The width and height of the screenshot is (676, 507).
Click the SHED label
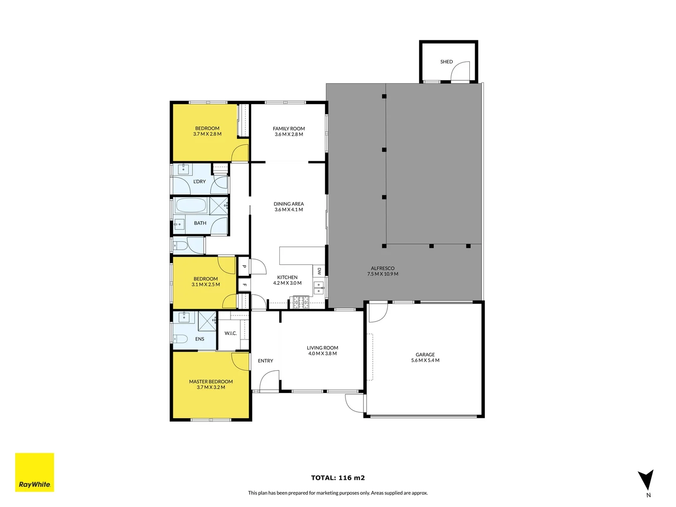coord(446,61)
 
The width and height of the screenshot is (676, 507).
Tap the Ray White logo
coord(35,472)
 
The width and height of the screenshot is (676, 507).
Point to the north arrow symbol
coord(645,480)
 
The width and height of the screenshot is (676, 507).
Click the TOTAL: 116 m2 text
coord(338,478)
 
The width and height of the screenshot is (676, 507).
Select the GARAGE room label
coord(425,354)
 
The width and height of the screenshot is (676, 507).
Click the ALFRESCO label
coord(383,269)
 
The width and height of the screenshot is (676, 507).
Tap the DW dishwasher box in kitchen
coord(319,271)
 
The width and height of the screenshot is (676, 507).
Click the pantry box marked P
coord(244,267)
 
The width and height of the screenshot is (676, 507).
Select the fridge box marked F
coord(244,285)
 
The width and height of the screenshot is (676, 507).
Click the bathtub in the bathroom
coord(191,206)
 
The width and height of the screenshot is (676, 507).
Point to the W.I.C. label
coord(230,333)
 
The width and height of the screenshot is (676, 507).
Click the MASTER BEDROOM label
coord(211,382)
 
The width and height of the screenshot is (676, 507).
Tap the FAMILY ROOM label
coord(289,129)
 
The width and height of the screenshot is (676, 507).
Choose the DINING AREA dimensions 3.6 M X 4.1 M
coord(289,210)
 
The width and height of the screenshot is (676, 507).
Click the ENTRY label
coord(265,361)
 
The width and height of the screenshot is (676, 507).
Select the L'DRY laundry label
coord(200,181)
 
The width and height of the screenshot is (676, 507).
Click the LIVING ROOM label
coord(323,348)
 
